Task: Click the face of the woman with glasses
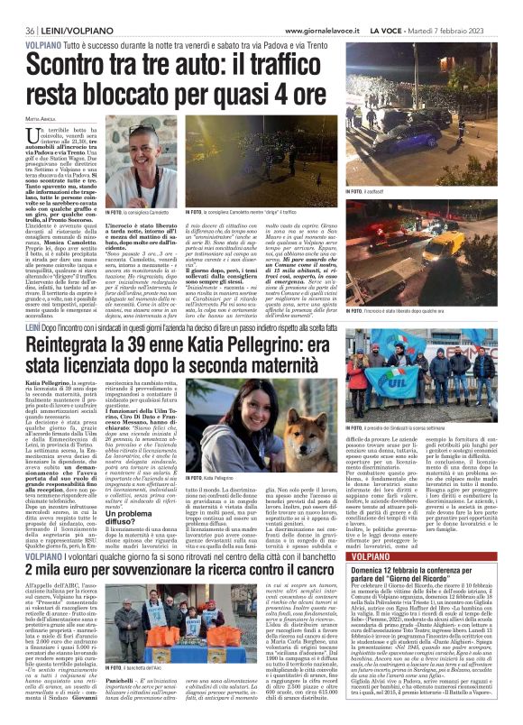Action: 147,143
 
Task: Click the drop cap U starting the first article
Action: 35,133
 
